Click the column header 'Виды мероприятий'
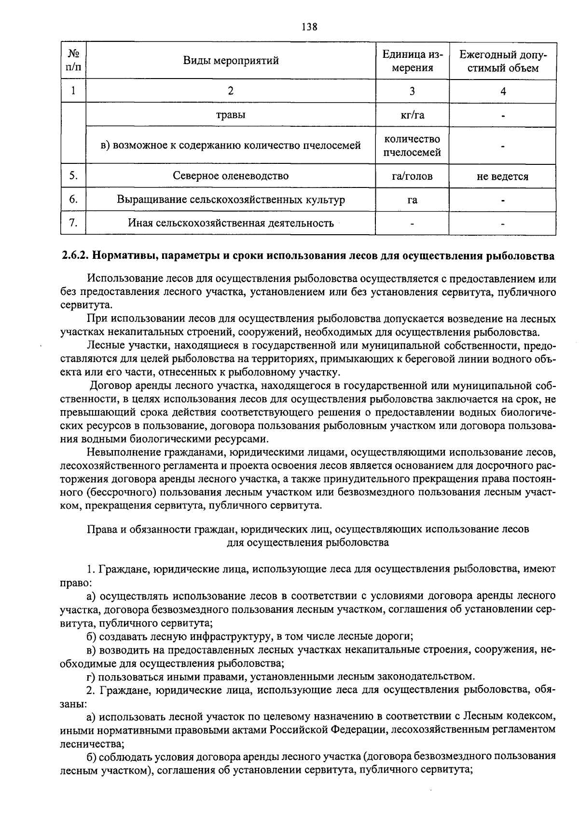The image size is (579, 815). (231, 61)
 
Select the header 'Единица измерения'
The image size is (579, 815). (412, 61)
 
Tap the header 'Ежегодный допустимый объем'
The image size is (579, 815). (503, 61)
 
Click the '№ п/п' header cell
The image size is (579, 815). (73, 61)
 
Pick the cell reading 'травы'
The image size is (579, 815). (231, 115)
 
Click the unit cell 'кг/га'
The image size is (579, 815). (412, 115)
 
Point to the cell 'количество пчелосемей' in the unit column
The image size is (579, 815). (412, 146)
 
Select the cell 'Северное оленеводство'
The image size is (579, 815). (231, 176)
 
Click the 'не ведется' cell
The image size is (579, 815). (503, 176)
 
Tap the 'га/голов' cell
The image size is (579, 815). (412, 176)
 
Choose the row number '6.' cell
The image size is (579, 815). (73, 200)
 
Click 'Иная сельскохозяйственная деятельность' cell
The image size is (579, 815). (231, 223)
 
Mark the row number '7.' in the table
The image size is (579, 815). (73, 223)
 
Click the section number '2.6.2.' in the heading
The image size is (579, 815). (75, 255)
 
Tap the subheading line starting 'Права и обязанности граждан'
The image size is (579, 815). (308, 529)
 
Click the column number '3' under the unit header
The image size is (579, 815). (412, 92)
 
